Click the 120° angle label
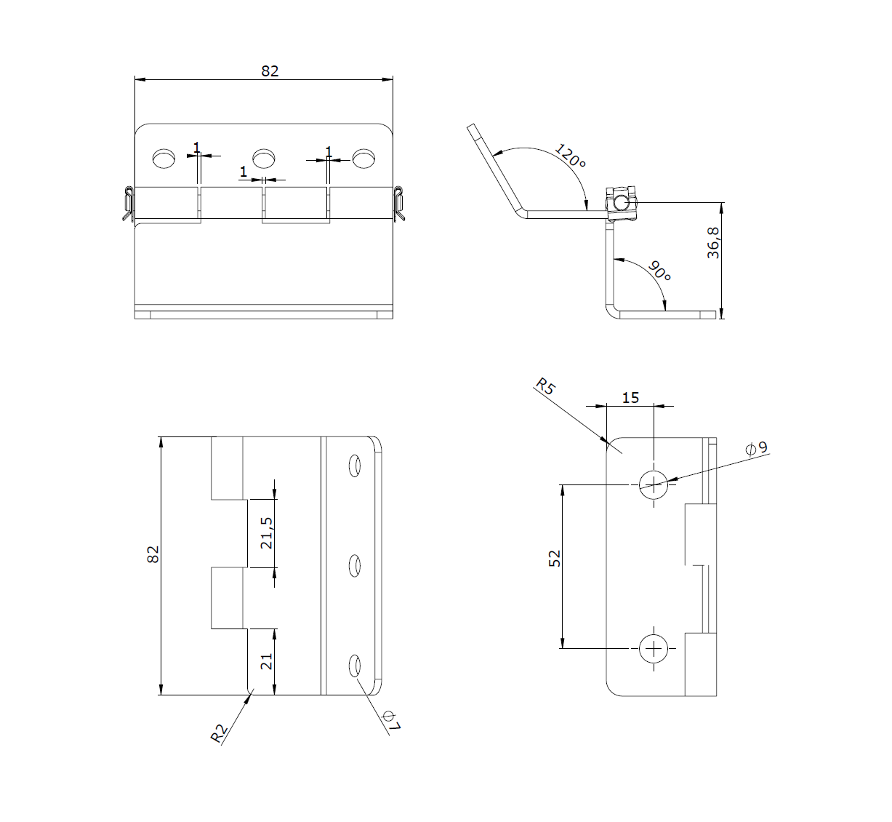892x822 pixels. (571, 156)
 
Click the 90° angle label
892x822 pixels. (659, 272)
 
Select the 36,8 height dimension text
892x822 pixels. (713, 242)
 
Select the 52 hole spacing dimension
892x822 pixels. (555, 559)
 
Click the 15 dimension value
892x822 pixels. (630, 397)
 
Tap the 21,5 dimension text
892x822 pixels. (266, 532)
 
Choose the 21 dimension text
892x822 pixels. (266, 661)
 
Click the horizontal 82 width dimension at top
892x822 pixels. (270, 71)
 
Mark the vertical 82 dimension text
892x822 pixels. (153, 554)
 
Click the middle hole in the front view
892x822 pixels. (263, 157)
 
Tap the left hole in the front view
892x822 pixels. (164, 158)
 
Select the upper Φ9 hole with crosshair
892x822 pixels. (654, 484)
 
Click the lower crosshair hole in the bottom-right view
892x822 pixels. (654, 648)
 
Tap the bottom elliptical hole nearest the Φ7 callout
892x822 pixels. (355, 666)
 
